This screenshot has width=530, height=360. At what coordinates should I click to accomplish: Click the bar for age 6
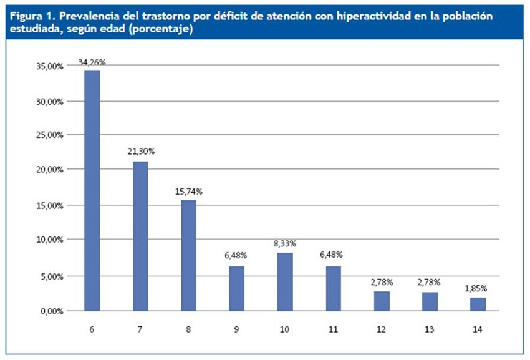[x=92, y=190]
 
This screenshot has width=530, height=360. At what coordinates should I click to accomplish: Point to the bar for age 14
[x=478, y=304]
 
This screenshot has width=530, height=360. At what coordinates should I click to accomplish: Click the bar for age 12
[x=382, y=301]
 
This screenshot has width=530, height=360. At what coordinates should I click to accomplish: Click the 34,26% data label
[x=92, y=62]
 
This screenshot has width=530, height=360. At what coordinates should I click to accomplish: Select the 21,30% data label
[x=140, y=152]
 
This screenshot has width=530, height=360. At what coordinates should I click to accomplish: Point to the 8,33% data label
[x=285, y=243]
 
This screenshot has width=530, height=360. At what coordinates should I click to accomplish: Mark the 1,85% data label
[x=478, y=289]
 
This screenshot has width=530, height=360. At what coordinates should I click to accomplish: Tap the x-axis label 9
[x=236, y=329]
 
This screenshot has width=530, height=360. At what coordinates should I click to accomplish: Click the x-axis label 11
[x=333, y=329]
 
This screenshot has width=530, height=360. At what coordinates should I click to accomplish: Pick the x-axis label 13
[x=430, y=329]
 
